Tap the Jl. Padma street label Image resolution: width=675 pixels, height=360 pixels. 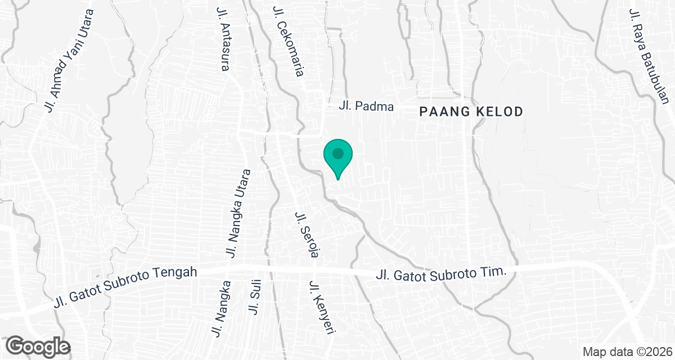click(x=366, y=106)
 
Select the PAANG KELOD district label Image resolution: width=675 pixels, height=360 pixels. click(x=471, y=112)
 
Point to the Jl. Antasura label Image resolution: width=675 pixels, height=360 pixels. click(x=223, y=39)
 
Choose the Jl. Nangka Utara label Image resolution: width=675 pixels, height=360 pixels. click(x=237, y=213)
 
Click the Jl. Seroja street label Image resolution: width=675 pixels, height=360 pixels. click(x=305, y=235)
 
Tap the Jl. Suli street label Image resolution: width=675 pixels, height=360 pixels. click(x=254, y=300)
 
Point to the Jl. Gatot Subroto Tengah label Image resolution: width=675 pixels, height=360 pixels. click(x=126, y=287)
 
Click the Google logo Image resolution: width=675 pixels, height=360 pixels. click(x=38, y=345)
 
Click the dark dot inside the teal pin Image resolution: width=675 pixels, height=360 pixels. click(x=337, y=153)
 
